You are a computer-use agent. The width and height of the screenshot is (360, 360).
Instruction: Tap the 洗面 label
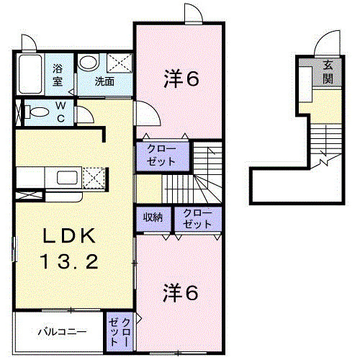(105, 81)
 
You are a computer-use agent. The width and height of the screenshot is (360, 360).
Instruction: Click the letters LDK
(63, 235)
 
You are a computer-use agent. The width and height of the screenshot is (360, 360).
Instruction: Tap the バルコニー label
(62, 333)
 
